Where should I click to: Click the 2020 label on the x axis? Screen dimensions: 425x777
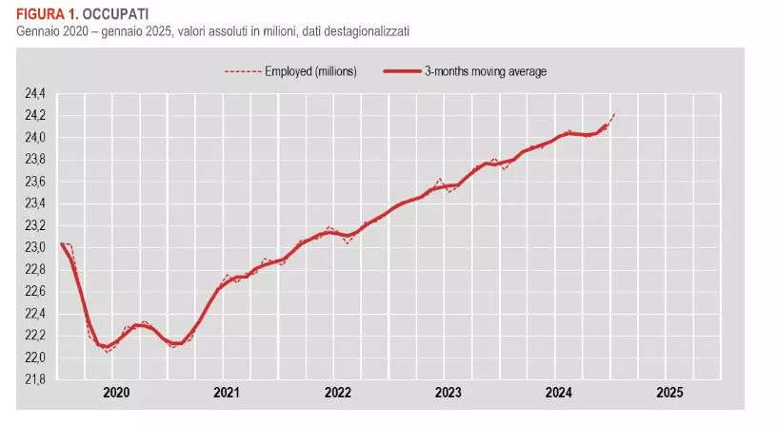(x=115, y=393)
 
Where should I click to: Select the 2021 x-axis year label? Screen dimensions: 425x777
(x=226, y=393)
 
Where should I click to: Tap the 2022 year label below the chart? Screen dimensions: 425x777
(x=337, y=393)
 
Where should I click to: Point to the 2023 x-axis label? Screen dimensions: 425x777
(x=448, y=393)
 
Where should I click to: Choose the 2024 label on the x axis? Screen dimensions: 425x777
(x=559, y=393)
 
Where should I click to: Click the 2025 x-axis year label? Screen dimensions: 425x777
(x=669, y=393)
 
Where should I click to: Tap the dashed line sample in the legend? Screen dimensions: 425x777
(x=242, y=71)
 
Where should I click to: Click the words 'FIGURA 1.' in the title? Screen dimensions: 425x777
(x=39, y=14)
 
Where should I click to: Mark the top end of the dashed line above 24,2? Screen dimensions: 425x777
(x=615, y=114)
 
